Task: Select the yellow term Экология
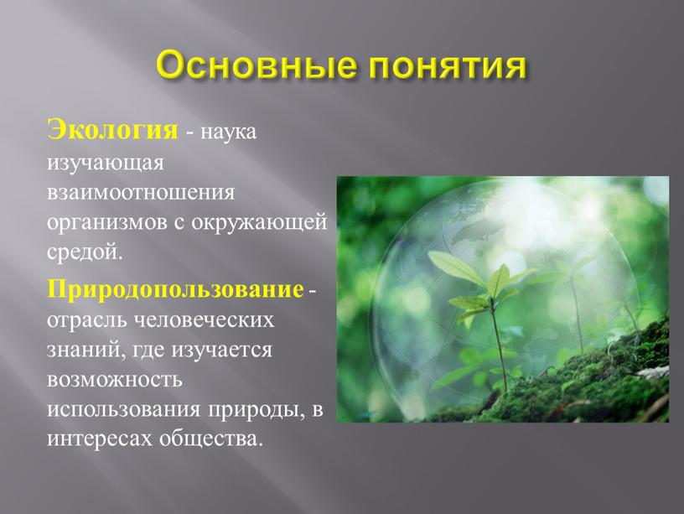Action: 112,131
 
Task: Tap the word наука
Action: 228,132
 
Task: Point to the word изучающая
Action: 106,164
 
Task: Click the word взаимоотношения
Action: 141,192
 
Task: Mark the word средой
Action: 83,252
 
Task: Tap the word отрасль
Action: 85,320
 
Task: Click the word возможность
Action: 114,380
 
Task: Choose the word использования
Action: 123,410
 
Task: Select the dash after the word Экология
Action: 189,133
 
